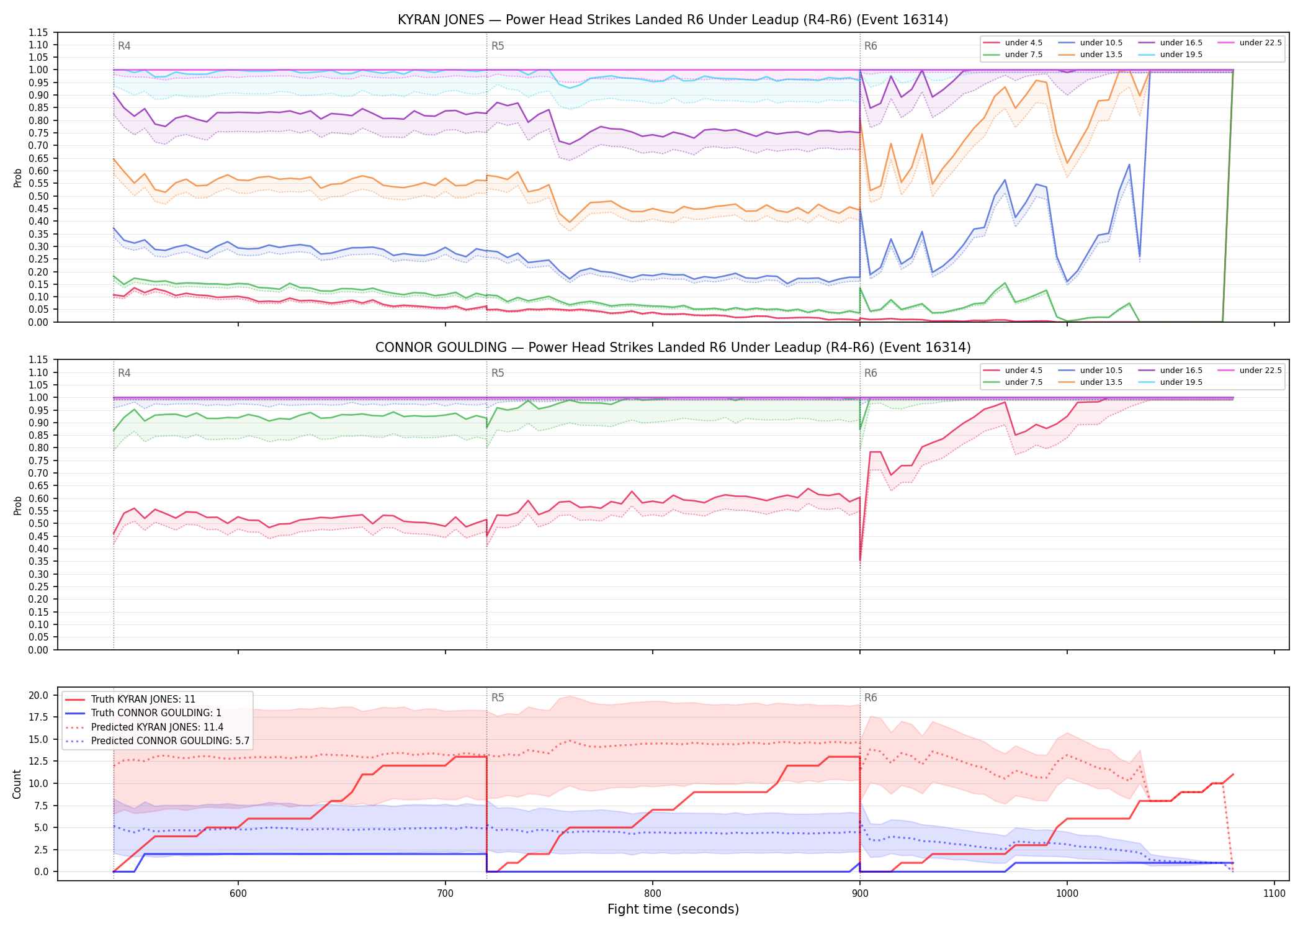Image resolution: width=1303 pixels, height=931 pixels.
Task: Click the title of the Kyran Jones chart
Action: click(673, 20)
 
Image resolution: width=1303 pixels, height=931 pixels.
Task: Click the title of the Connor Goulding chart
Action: click(673, 348)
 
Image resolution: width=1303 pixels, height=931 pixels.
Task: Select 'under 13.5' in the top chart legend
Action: click(1101, 55)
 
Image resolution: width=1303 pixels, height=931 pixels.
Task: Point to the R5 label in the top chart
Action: click(498, 46)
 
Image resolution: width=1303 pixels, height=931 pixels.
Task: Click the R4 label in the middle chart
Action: click(124, 373)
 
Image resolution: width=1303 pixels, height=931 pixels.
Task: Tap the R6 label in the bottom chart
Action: click(871, 698)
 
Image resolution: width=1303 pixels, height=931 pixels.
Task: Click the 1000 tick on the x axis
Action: click(1067, 893)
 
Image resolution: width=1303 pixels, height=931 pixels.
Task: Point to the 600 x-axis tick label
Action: click(238, 893)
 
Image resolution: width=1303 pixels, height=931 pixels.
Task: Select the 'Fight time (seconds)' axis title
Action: click(673, 909)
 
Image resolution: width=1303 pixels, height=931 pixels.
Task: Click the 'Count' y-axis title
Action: click(17, 784)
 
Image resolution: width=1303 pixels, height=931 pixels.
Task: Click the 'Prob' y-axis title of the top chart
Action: click(17, 178)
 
